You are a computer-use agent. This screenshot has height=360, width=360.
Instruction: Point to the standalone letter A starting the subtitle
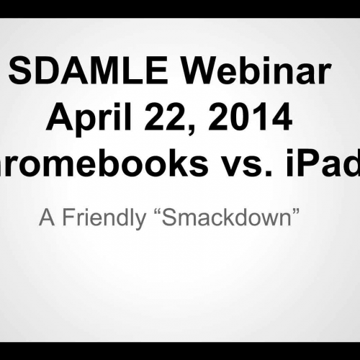(x=45, y=218)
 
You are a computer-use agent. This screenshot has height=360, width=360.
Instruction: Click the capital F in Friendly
(x=66, y=218)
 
